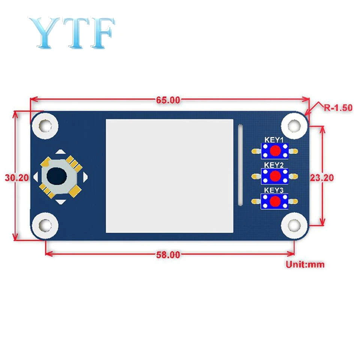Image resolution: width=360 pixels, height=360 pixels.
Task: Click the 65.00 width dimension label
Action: coord(168,100)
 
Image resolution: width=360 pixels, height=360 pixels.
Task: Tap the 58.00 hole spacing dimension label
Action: coord(168,255)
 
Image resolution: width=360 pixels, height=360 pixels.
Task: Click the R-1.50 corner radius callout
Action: coord(338,108)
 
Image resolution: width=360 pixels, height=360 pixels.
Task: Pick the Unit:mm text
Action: coord(305,264)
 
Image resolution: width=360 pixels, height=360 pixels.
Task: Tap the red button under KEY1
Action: coord(275,151)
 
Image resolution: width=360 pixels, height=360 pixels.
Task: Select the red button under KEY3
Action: coord(275,201)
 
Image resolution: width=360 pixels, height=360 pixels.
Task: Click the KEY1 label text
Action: coord(274,140)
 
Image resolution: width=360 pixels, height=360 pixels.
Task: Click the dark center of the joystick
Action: coord(57,176)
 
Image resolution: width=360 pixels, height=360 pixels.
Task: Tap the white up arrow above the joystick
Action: coord(60,152)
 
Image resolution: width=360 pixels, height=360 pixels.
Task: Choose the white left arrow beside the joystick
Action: coord(36,176)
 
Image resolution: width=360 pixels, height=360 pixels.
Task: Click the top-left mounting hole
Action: coord(45,125)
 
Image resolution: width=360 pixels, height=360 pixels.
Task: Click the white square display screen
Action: coord(169,175)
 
